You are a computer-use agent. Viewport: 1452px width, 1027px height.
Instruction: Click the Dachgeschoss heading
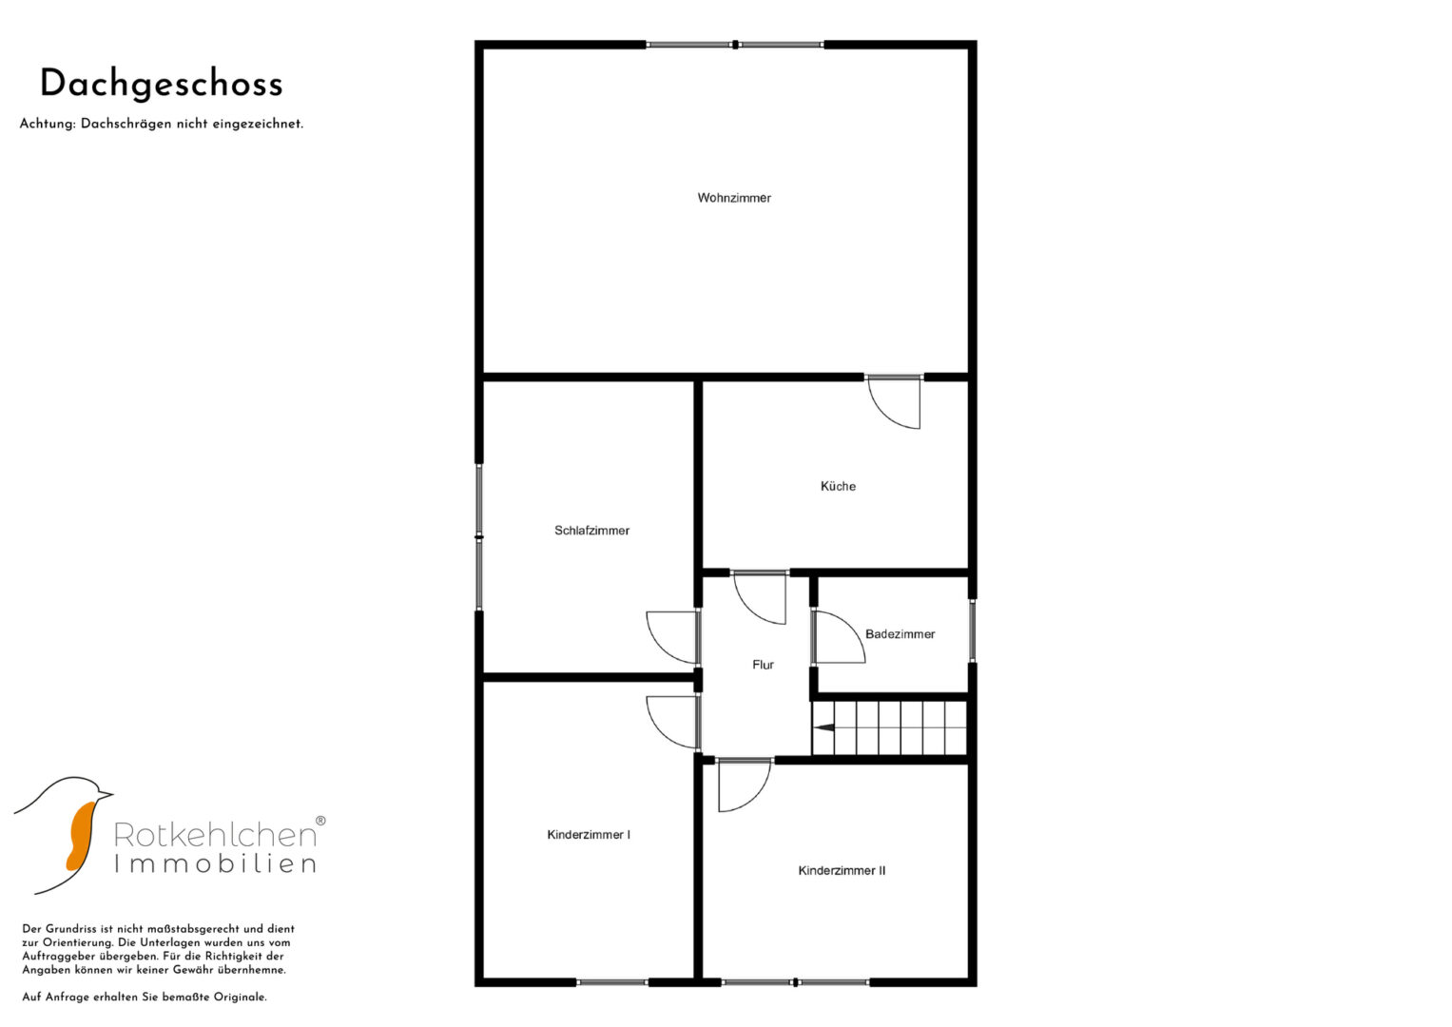162,85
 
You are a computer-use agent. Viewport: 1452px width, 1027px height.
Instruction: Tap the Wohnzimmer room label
734,198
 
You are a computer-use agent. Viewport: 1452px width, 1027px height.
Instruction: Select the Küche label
838,486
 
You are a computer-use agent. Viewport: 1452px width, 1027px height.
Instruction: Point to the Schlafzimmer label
591,531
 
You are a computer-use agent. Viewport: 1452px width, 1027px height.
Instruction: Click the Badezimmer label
900,634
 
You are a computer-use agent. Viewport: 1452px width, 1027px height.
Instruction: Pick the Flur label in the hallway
763,665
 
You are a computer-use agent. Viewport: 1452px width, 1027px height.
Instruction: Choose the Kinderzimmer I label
589,835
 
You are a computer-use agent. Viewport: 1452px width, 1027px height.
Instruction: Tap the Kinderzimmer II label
842,871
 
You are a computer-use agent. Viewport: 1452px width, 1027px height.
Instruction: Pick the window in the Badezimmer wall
972,630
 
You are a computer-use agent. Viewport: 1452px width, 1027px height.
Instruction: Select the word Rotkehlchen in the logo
215,835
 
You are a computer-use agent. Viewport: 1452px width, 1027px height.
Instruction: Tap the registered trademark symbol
320,821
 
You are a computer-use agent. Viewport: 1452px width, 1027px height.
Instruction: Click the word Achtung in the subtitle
48,124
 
